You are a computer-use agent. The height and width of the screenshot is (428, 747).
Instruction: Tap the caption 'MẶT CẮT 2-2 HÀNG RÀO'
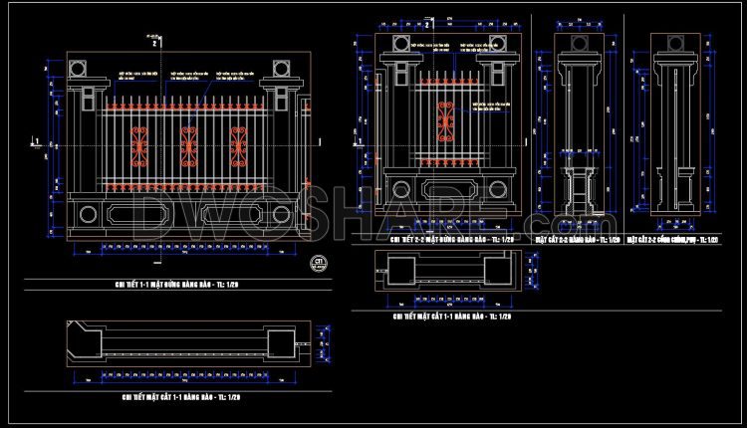point(577,240)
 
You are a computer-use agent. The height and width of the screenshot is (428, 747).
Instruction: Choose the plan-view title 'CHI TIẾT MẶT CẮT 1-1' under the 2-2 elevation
point(451,317)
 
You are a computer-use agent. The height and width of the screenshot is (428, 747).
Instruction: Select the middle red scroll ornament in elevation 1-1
point(188,146)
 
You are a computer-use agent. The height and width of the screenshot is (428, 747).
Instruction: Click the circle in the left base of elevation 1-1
point(88,212)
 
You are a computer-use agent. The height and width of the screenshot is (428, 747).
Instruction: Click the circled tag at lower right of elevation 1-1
point(320,263)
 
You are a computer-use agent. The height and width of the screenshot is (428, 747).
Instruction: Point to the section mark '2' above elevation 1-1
point(154,44)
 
